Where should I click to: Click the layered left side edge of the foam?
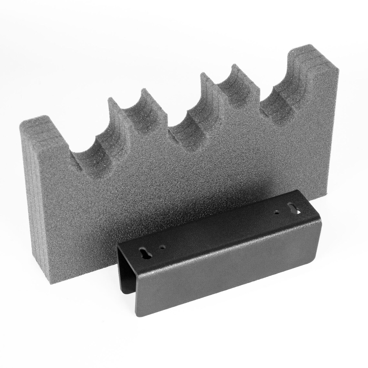[x=27, y=194]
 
